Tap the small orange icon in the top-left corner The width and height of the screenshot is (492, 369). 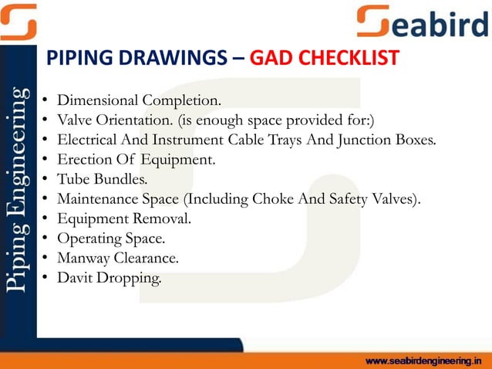18,21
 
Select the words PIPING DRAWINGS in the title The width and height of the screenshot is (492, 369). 137,58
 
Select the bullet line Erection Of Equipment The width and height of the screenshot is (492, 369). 137,161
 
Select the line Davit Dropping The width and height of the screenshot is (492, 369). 110,279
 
